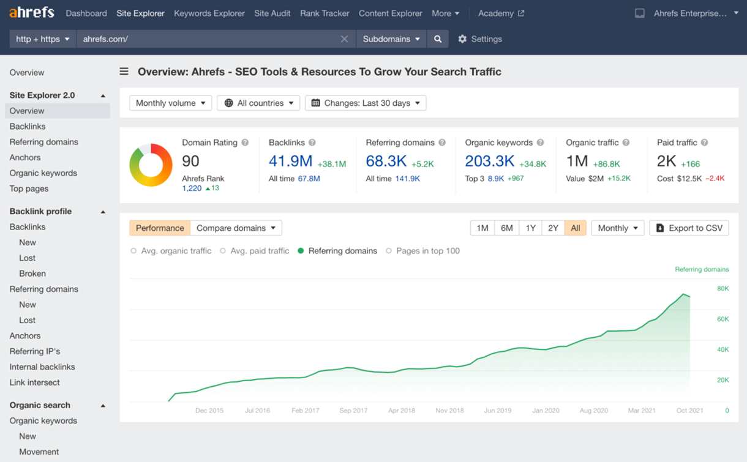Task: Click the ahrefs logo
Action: click(32, 13)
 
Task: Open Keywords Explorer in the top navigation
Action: click(209, 13)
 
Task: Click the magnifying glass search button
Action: click(438, 39)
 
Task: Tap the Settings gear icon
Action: click(462, 39)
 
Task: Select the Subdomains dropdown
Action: click(391, 39)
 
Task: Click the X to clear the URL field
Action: click(344, 39)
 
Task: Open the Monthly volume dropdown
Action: click(170, 103)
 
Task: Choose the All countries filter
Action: click(258, 103)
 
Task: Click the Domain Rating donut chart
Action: click(151, 165)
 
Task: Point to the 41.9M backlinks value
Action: click(290, 161)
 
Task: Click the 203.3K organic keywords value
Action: click(490, 161)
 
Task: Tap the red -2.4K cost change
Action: click(715, 178)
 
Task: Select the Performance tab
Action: click(160, 228)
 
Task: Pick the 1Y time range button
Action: click(530, 228)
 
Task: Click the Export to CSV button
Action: click(689, 228)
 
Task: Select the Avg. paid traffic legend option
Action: click(255, 251)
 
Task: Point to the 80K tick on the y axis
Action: click(723, 288)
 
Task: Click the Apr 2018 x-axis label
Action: click(402, 411)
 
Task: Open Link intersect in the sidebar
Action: click(34, 382)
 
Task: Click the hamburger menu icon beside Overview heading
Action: click(124, 72)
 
